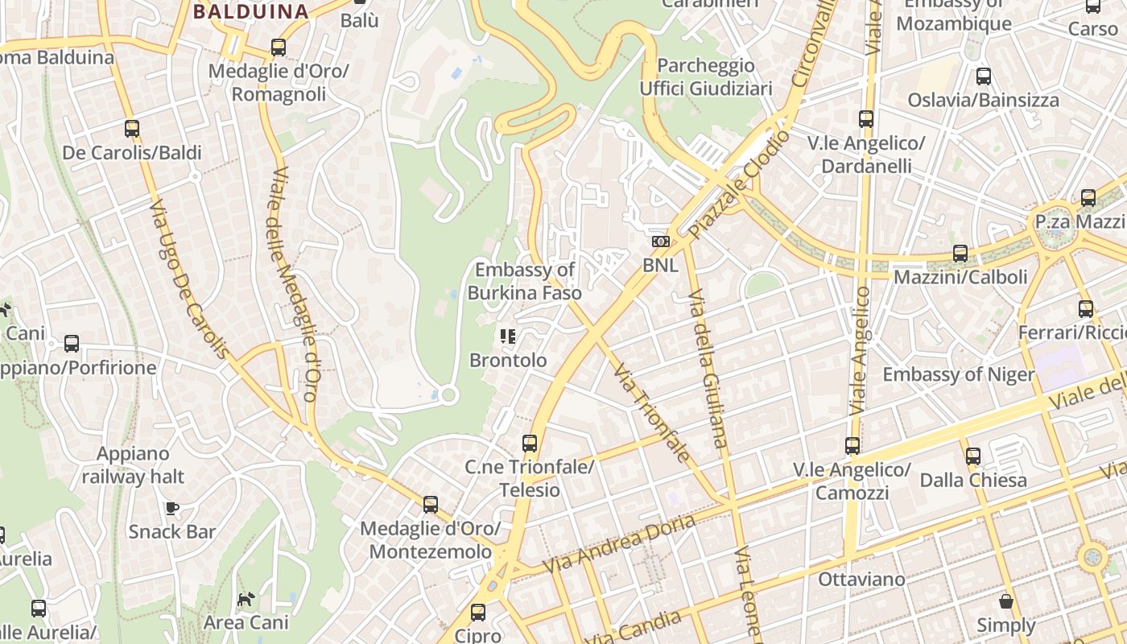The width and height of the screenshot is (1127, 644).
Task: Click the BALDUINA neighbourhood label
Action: click(251, 11)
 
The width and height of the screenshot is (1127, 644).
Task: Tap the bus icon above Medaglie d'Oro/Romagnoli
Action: click(279, 47)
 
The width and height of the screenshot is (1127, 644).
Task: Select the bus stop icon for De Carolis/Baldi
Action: click(132, 129)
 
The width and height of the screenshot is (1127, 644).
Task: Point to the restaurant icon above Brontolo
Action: click(507, 336)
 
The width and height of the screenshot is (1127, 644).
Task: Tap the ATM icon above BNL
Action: click(660, 241)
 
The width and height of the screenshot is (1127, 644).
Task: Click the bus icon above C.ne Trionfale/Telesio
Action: click(529, 443)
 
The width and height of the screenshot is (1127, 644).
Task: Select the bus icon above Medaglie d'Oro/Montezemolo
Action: click(431, 505)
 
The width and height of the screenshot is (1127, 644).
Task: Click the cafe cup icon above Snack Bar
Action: click(171, 508)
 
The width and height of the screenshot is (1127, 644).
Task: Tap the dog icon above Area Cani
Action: click(246, 599)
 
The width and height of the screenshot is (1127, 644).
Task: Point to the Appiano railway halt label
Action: click(133, 465)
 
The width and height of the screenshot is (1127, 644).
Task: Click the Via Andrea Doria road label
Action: click(619, 544)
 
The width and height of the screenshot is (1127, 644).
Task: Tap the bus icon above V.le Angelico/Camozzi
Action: click(852, 445)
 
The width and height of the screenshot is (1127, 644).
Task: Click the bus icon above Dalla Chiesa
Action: click(973, 456)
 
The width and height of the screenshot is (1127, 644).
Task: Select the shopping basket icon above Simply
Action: click(1005, 601)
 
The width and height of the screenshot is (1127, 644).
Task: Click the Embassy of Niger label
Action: click(959, 374)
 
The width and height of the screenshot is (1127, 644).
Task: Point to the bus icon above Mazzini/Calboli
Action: click(960, 254)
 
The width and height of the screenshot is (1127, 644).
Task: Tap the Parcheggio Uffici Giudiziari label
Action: click(706, 76)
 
